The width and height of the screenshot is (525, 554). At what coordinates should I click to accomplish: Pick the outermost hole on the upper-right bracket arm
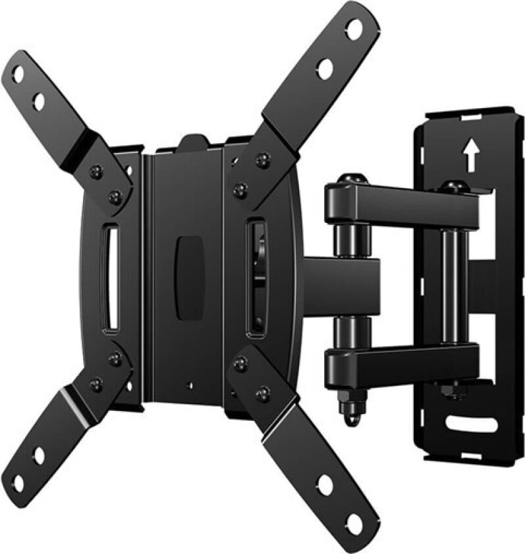coord(354,28)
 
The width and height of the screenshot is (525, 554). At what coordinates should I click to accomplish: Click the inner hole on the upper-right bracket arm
coord(324,67)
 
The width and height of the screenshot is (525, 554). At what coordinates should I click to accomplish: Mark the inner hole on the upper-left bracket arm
coord(39,101)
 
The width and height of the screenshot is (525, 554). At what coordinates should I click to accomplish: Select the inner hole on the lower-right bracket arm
coord(325,486)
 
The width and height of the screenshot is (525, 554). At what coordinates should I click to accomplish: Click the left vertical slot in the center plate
coord(113,278)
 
